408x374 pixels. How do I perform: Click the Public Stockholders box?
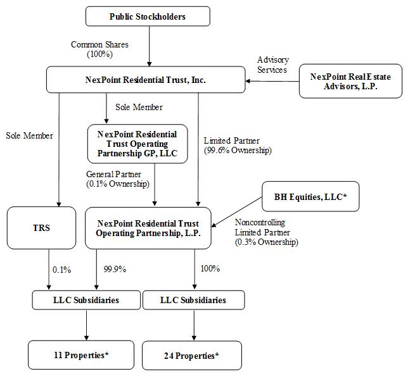point(148,16)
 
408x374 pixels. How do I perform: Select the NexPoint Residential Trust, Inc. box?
point(146,80)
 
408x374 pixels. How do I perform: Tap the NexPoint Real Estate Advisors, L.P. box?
point(350,82)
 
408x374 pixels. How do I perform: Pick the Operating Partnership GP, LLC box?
point(137,144)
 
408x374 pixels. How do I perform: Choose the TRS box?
point(41,228)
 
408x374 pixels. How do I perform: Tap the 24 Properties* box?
point(191,356)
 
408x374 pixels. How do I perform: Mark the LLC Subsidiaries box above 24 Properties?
point(193,300)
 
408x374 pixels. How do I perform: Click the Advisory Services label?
point(272,65)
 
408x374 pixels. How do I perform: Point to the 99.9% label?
point(114,269)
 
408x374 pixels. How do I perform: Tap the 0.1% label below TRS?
point(61,270)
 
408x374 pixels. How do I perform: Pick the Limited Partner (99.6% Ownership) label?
point(237,146)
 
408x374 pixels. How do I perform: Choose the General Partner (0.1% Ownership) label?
point(117,178)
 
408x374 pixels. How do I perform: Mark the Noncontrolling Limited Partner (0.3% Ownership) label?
point(266,232)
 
